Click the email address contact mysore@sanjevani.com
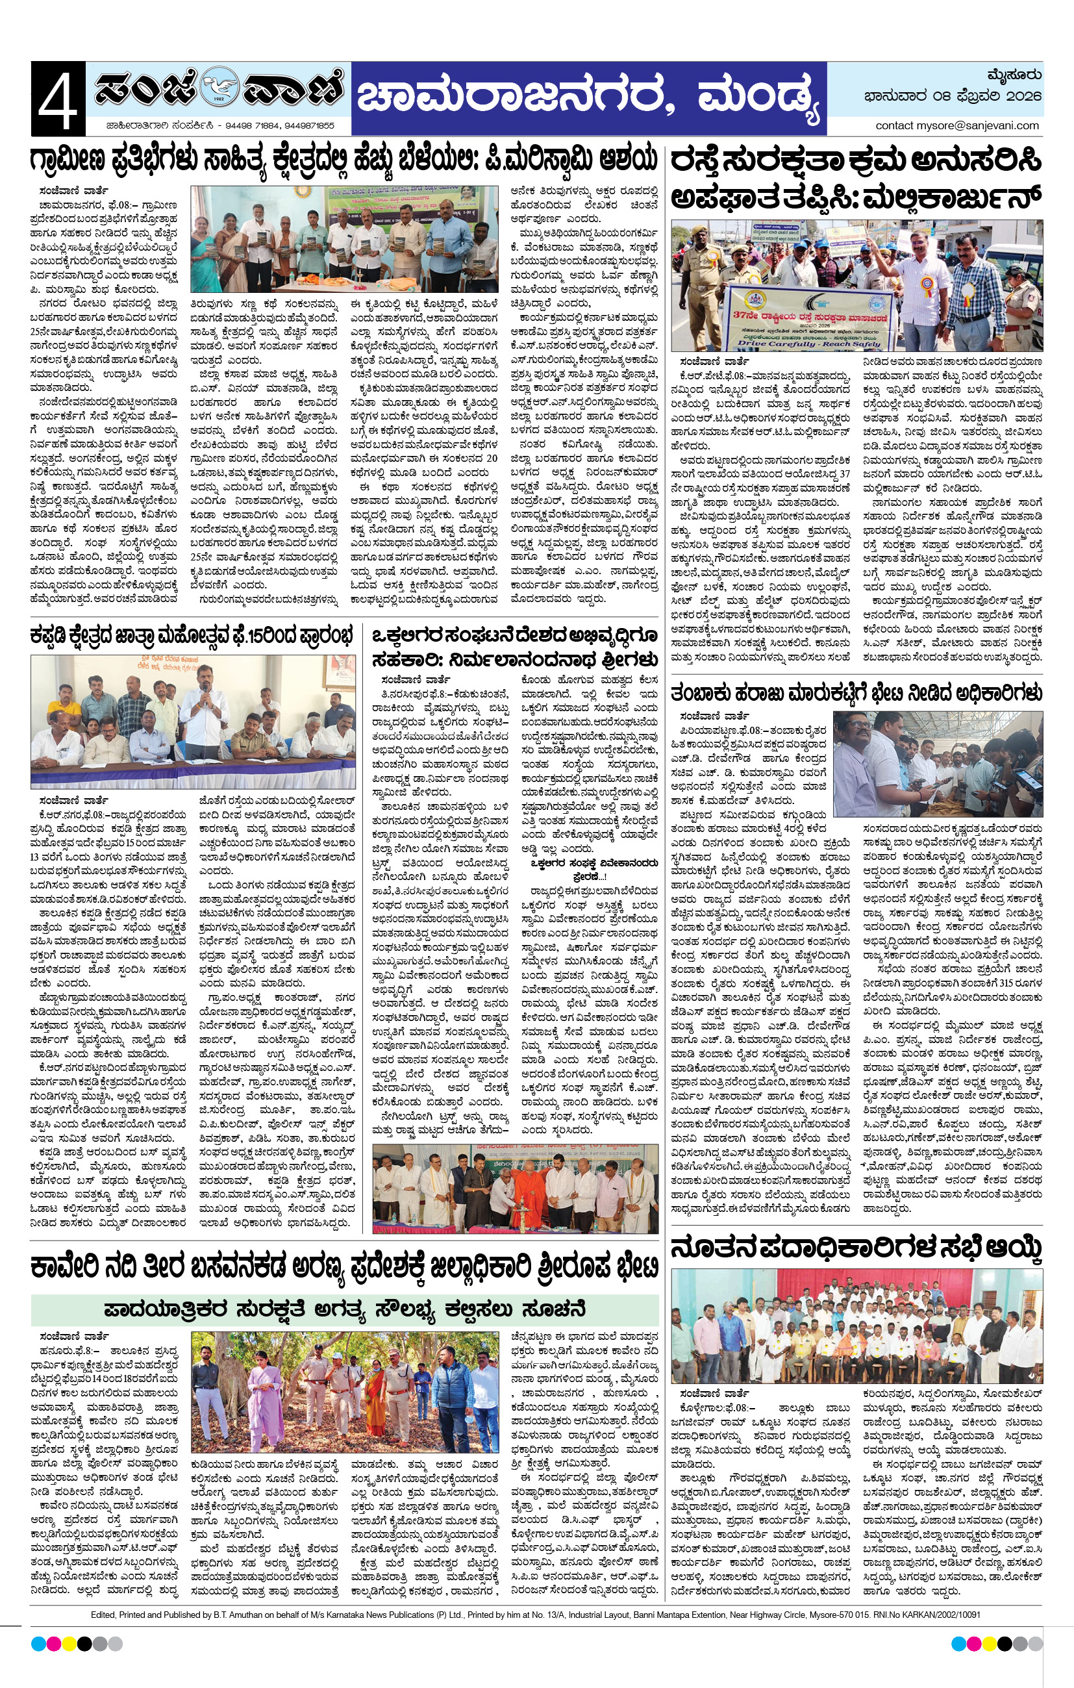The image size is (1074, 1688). coord(957,125)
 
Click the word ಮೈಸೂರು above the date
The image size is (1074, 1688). coord(1013,74)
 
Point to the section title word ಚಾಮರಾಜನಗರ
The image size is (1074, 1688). coord(517,97)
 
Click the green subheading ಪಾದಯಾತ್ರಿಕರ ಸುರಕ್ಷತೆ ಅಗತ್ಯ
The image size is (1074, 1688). coord(344,1309)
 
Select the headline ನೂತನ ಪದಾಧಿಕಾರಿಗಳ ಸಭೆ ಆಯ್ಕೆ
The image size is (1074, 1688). coord(856,1248)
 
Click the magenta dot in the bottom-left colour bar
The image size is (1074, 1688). coord(53,1644)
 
